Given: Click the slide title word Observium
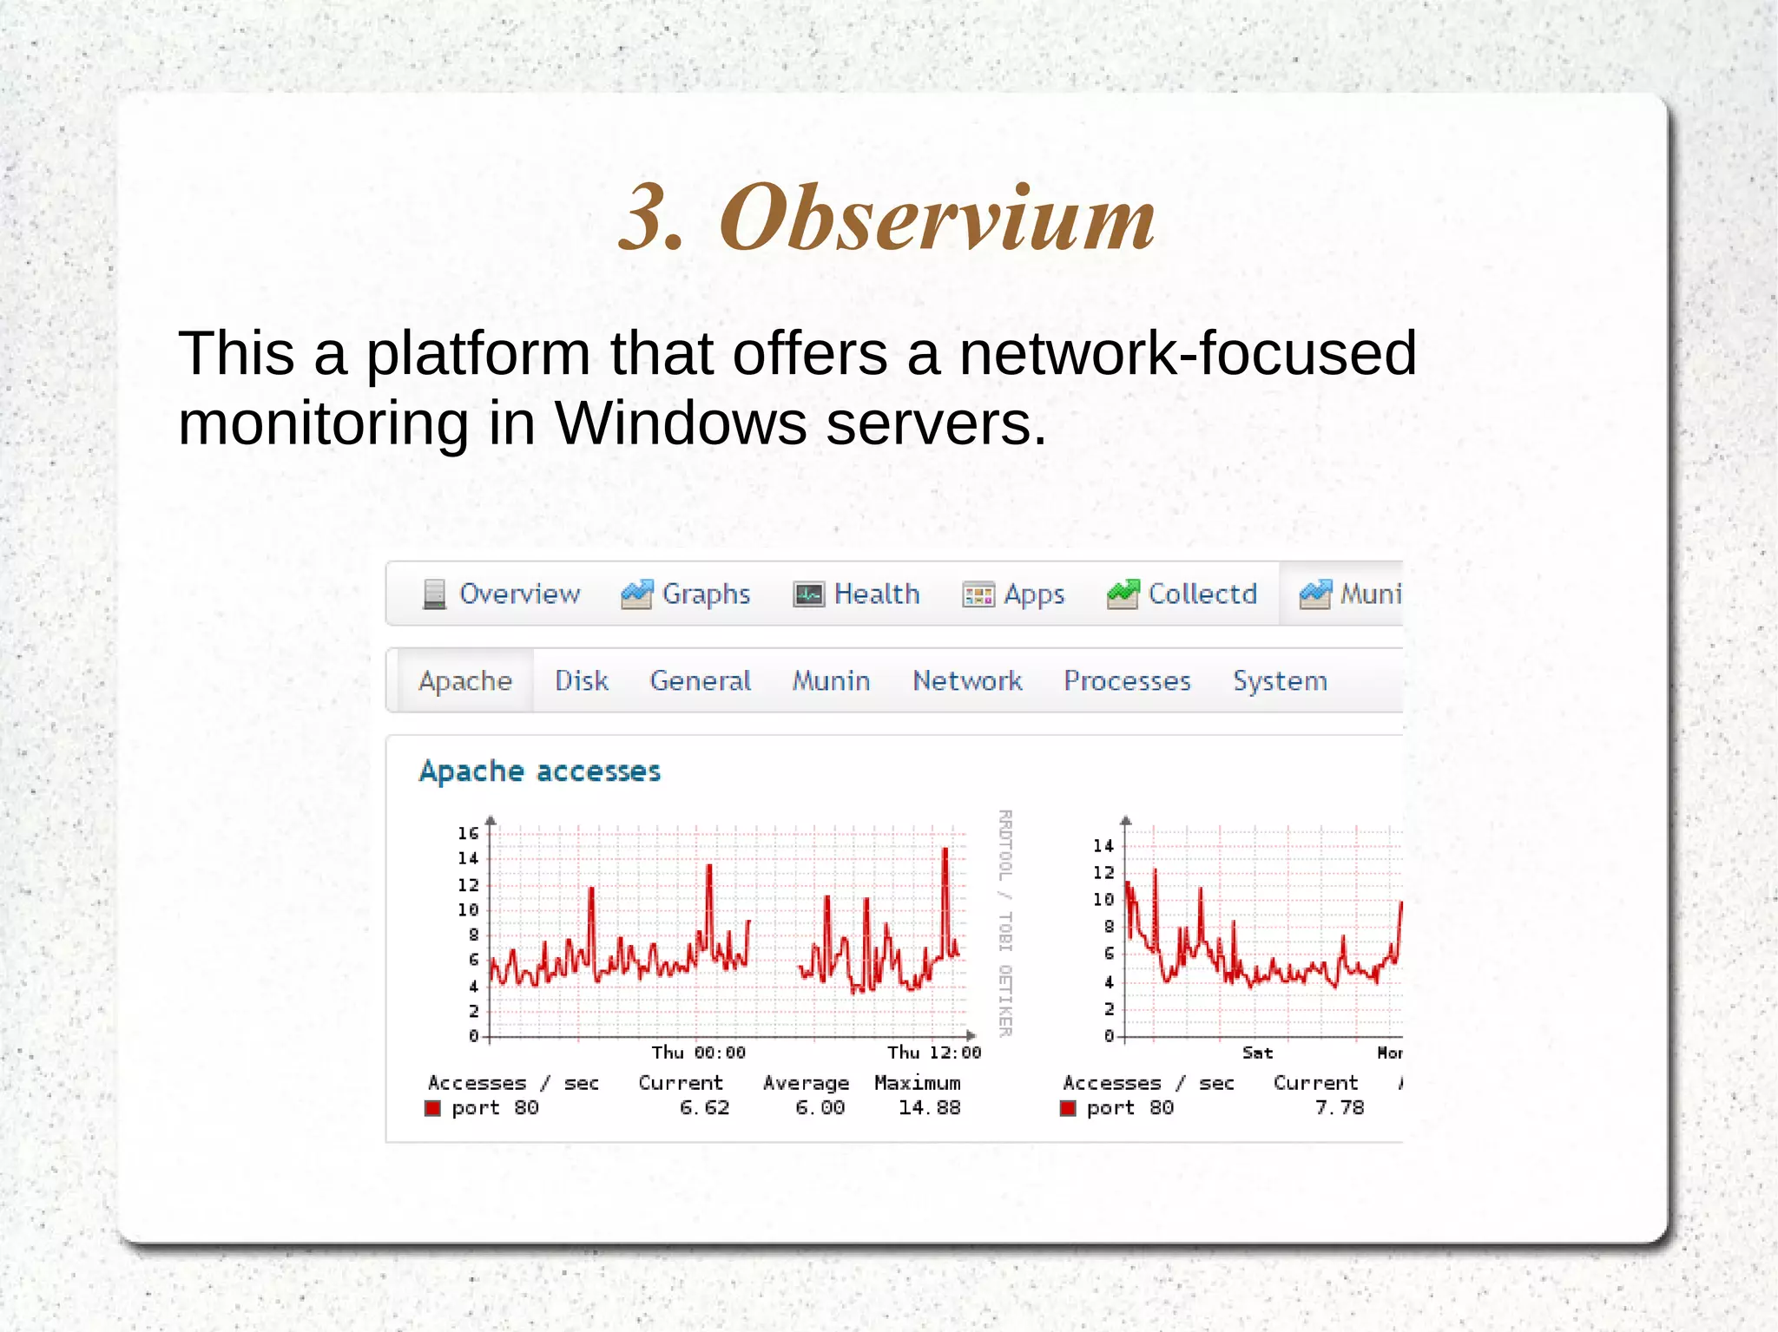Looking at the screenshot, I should pyautogui.click(x=938, y=219).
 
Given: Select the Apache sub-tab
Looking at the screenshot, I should pyautogui.click(x=465, y=680).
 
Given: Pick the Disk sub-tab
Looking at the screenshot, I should pyautogui.click(x=581, y=680).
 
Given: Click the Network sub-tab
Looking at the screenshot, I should pyautogui.click(x=966, y=680).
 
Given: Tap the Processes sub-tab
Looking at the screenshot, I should pyautogui.click(x=1126, y=680).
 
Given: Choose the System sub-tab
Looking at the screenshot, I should pyautogui.click(x=1280, y=680).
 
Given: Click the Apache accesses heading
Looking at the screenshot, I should pyautogui.click(x=539, y=771).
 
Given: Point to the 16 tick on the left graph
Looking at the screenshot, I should pyautogui.click(x=468, y=833).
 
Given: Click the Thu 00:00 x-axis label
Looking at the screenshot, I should pyautogui.click(x=698, y=1053).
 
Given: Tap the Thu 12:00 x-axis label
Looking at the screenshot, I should pyautogui.click(x=933, y=1053).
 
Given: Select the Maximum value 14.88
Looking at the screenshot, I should pyautogui.click(x=929, y=1108).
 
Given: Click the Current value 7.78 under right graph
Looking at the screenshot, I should pyautogui.click(x=1339, y=1108).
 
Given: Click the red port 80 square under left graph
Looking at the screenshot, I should pyautogui.click(x=432, y=1108).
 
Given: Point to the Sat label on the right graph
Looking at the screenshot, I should pyautogui.click(x=1257, y=1053).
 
